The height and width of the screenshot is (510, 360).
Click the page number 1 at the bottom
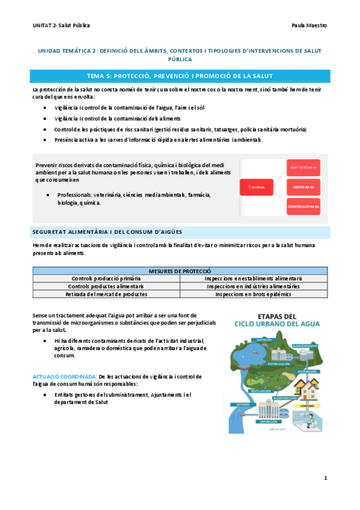(325, 479)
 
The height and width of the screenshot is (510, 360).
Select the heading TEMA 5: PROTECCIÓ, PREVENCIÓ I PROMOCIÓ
(180, 76)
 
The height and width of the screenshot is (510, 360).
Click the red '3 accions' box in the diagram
(257, 188)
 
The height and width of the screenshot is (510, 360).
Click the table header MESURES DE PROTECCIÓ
(180, 271)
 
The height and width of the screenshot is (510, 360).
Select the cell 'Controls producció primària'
(106, 279)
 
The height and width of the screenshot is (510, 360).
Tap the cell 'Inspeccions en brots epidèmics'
(254, 295)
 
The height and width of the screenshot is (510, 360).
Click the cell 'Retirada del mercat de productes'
(106, 295)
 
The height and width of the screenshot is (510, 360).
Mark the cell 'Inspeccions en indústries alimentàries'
(254, 287)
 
